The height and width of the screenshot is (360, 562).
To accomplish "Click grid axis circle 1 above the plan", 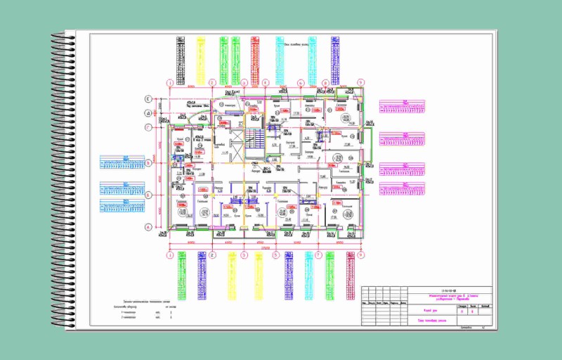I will point(169,83).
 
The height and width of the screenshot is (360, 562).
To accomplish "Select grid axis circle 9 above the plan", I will point(360,83).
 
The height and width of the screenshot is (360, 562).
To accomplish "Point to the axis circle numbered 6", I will point(300,83).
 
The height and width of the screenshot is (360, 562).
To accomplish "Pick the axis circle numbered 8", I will point(326,83).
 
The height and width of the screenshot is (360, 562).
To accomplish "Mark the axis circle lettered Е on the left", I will point(148,99).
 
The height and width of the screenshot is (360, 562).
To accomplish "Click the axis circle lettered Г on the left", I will point(148,127).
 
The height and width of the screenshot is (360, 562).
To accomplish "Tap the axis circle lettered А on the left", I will point(148,226).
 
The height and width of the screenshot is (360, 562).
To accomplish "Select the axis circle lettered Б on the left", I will point(148,194).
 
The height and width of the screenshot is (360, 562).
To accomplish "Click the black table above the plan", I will point(181,50).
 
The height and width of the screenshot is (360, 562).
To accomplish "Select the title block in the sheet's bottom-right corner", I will point(427,307).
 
